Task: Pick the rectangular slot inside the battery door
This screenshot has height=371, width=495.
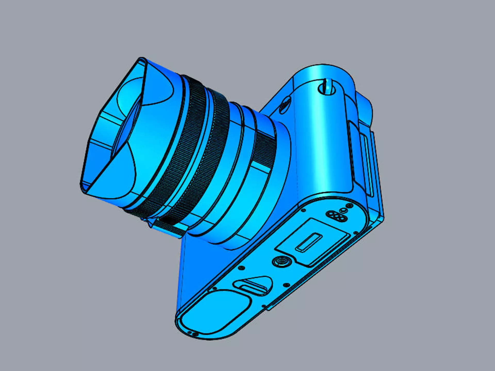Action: [309, 242]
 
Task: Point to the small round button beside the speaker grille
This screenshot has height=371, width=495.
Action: [343, 210]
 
